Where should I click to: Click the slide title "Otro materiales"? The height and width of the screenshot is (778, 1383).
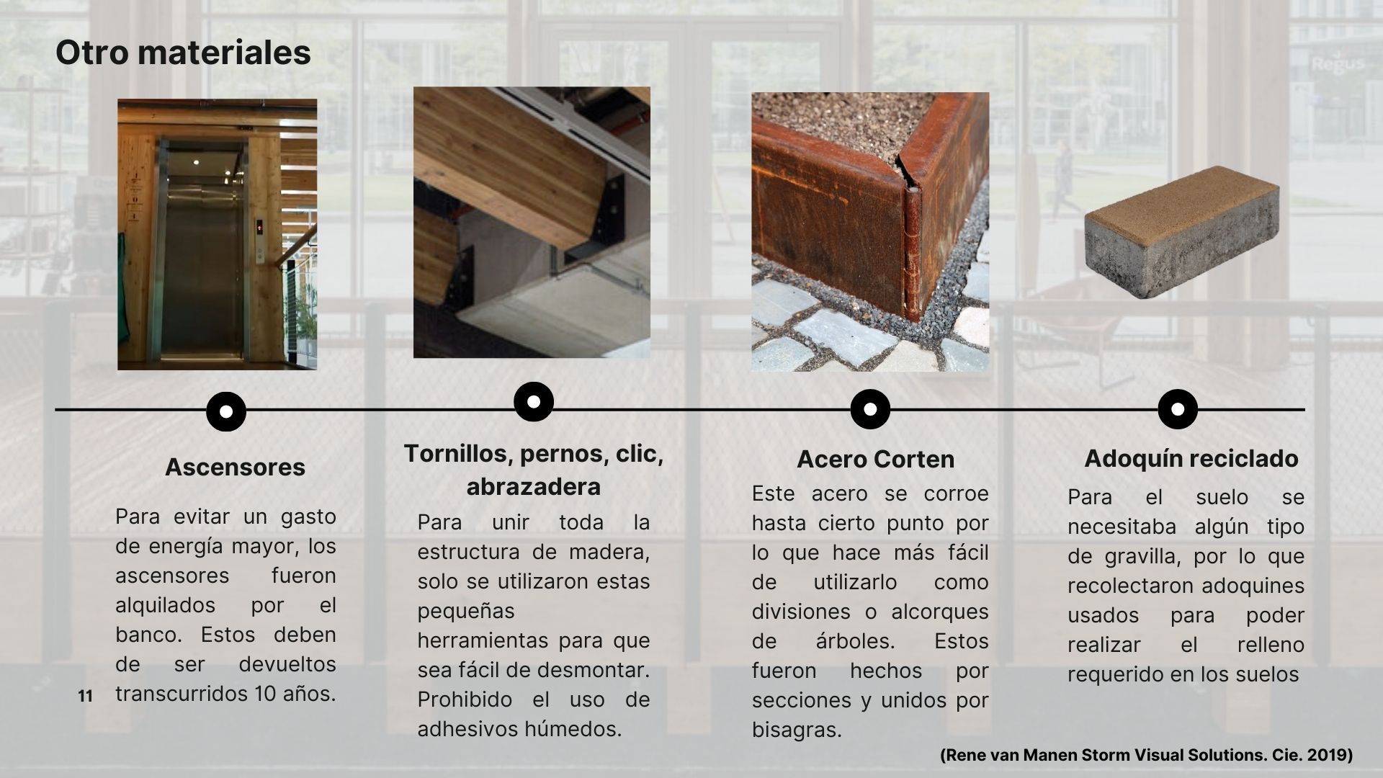tap(183, 53)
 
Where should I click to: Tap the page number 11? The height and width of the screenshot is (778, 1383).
tap(86, 697)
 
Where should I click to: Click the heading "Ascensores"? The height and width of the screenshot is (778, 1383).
tap(235, 467)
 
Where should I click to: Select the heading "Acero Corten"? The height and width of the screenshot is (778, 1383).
tap(875, 459)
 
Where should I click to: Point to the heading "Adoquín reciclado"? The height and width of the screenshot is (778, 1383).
tap(1191, 458)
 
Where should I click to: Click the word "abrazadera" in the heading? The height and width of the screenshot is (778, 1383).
tap(533, 486)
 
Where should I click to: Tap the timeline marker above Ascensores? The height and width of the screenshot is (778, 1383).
tap(226, 411)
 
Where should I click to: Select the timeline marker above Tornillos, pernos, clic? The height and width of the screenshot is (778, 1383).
tap(534, 401)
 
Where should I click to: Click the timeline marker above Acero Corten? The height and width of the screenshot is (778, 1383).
tap(870, 409)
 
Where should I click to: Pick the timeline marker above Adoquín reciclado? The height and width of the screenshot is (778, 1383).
tap(1178, 409)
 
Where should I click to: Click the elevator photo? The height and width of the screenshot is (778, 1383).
tap(217, 234)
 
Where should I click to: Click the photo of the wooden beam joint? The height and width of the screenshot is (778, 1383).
tap(532, 223)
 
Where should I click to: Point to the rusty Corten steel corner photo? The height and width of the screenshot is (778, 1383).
tap(869, 232)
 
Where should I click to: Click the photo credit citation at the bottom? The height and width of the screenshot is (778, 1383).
tap(1146, 756)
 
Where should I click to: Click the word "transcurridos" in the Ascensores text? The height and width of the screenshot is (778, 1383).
tap(181, 694)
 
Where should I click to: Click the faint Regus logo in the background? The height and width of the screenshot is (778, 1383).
tap(1338, 63)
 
